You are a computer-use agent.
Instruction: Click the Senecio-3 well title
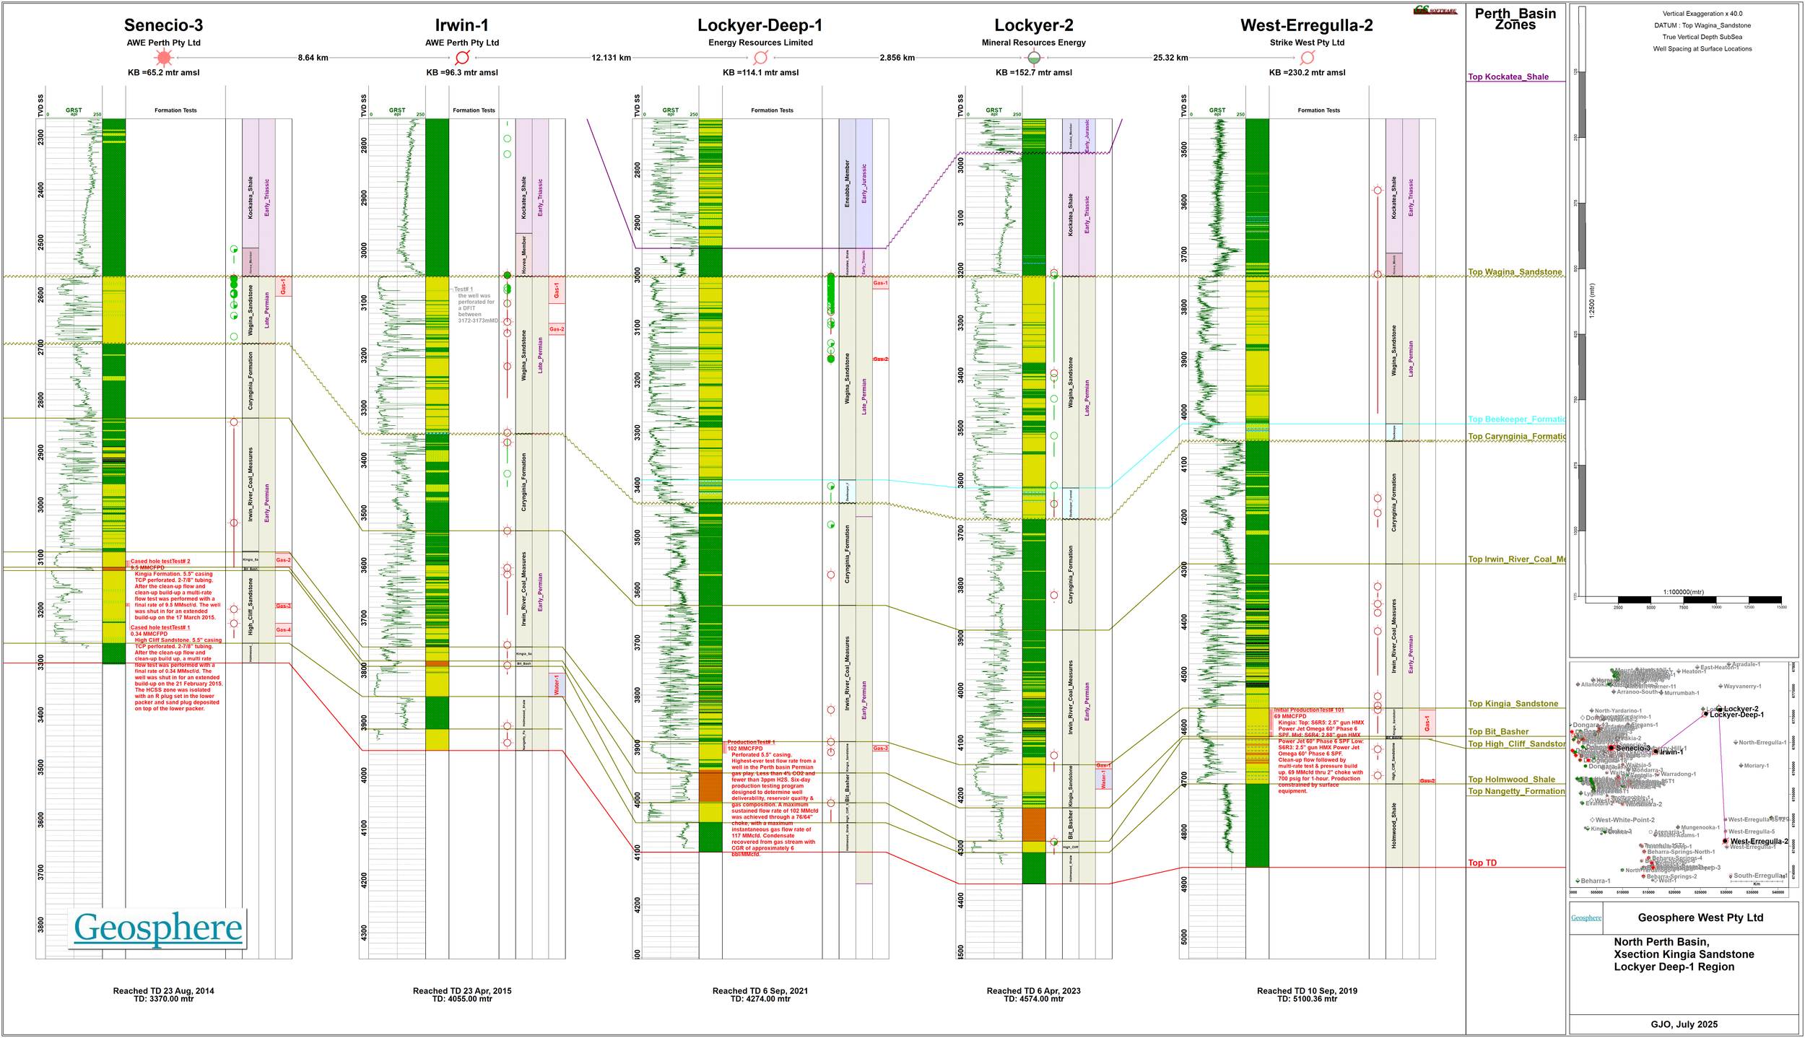tap(163, 25)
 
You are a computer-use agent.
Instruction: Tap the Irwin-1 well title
tap(461, 25)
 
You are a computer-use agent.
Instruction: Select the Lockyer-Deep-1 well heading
tap(760, 25)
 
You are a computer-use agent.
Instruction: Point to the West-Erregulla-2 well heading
tap(1306, 25)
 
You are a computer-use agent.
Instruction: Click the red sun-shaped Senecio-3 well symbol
tap(164, 58)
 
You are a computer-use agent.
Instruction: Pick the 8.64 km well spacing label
tap(313, 58)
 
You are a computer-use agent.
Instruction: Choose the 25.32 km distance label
tap(1170, 58)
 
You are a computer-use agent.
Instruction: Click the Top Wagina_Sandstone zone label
tap(1514, 272)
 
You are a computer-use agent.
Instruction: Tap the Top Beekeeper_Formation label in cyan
tap(1515, 419)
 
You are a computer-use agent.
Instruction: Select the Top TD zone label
tap(1482, 863)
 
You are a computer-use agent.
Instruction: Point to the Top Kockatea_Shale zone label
tap(1508, 77)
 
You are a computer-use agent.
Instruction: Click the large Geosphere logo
tap(158, 928)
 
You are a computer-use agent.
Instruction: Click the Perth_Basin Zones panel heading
tap(1515, 19)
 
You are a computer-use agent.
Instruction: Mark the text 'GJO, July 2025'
tap(1684, 1024)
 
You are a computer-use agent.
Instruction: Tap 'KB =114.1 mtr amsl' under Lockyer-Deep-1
tap(760, 72)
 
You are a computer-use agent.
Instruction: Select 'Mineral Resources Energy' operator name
tap(1033, 43)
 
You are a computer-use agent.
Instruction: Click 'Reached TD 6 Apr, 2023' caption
tap(1033, 990)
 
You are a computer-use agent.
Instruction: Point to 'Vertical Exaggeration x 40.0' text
tap(1702, 14)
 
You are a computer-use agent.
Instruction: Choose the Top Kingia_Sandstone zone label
tap(1513, 704)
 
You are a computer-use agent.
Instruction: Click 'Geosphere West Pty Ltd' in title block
tap(1700, 917)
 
